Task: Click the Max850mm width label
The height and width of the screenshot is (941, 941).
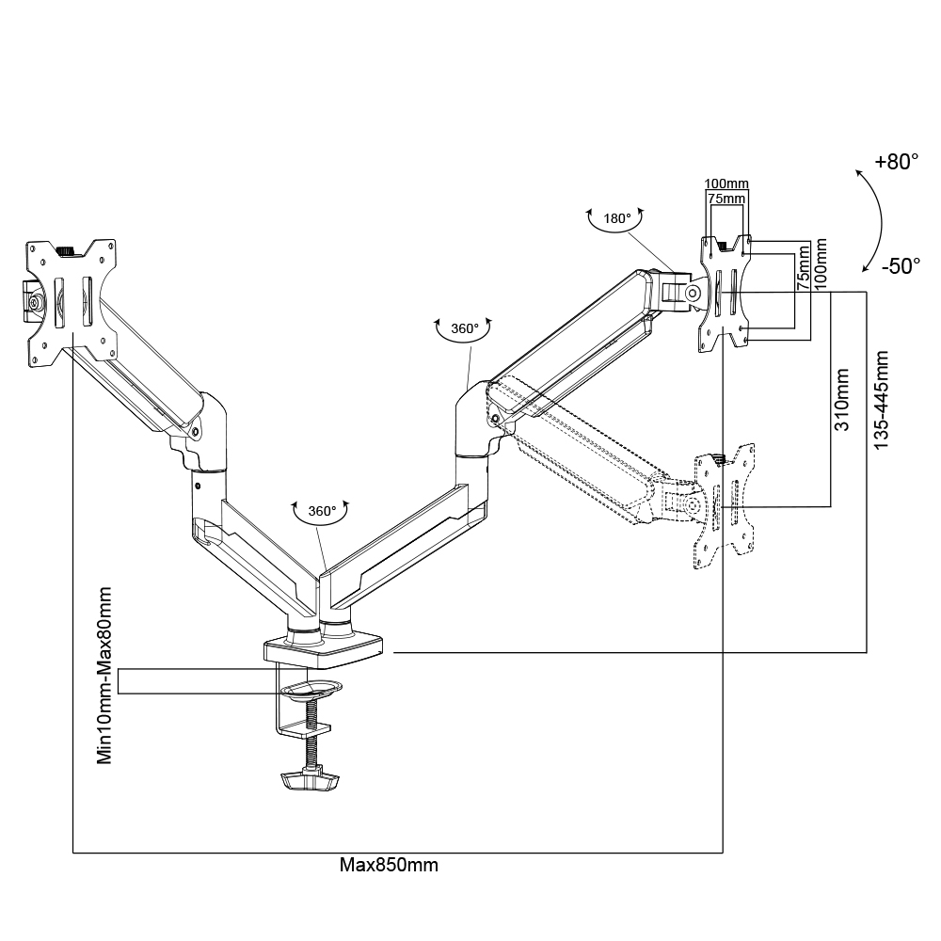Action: click(389, 865)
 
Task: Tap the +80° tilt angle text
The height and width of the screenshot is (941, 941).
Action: click(896, 162)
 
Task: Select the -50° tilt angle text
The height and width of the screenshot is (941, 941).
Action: click(901, 266)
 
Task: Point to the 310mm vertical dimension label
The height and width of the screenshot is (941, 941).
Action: click(843, 399)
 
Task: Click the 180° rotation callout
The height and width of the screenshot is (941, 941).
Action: click(616, 219)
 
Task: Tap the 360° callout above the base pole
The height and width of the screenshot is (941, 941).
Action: click(321, 511)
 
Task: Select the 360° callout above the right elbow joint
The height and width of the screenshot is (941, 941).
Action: click(464, 328)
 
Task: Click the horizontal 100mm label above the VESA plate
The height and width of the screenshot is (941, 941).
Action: click(726, 183)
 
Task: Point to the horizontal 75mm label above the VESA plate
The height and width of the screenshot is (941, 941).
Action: click(726, 199)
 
